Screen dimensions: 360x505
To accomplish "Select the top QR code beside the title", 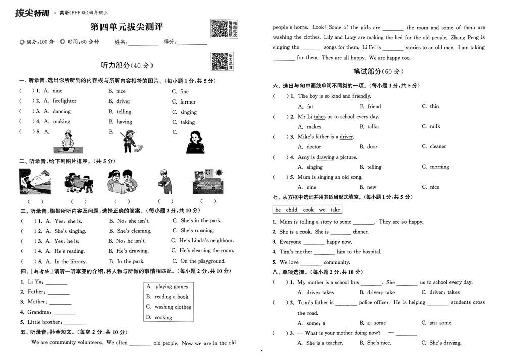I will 218,29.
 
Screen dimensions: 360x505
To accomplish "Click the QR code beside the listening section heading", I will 218,61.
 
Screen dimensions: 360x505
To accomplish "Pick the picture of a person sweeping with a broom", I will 130,142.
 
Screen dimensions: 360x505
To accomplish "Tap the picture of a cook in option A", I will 65,142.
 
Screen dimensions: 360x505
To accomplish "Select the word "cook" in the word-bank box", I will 308,210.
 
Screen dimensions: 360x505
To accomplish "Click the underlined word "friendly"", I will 361,96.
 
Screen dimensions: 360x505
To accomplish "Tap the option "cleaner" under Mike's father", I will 438,146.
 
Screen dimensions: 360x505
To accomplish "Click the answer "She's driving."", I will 445,343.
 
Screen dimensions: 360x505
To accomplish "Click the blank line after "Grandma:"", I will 64,312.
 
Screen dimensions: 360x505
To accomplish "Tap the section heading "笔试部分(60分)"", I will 379,71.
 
